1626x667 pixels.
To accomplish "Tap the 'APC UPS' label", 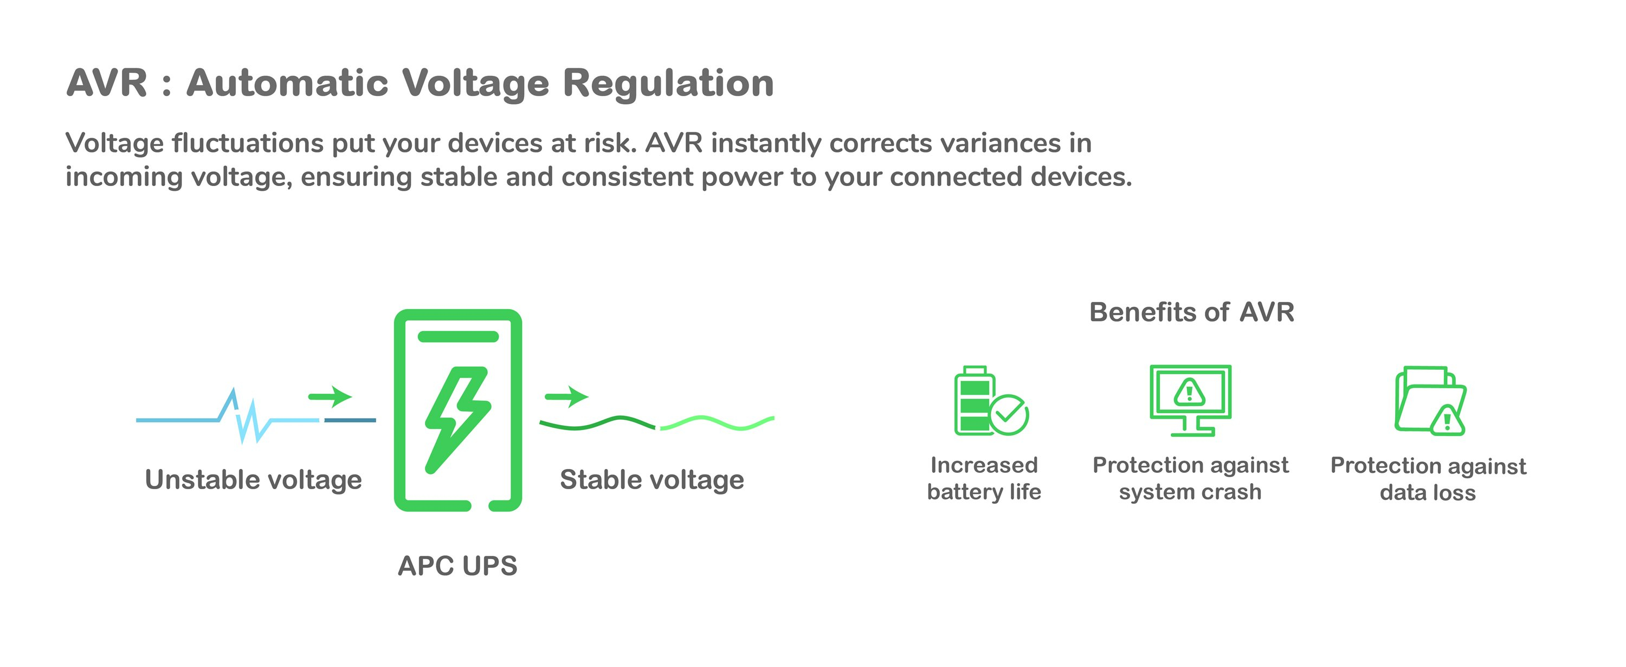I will [x=457, y=566].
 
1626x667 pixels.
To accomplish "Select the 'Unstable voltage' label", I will [x=253, y=480].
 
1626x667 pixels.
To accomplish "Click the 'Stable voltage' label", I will [x=651, y=480].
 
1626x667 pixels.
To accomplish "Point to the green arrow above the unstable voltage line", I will [x=330, y=396].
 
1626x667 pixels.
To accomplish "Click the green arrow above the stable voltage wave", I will [x=566, y=396].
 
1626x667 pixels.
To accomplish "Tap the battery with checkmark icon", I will [x=990, y=401].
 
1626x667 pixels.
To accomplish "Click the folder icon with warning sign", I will [x=1430, y=401].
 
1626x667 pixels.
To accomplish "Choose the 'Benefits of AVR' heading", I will [x=1192, y=312].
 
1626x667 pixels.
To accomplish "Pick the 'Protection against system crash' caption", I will [x=1190, y=478].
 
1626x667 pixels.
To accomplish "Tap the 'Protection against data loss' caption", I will [x=1428, y=479].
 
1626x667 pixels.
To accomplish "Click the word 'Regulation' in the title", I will [x=668, y=84].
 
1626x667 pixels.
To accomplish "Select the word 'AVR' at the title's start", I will [x=107, y=83].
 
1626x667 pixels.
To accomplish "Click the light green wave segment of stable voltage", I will [x=717, y=423].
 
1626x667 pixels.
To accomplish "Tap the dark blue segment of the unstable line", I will [x=350, y=420].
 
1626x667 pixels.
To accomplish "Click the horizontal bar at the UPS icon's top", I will [x=457, y=337].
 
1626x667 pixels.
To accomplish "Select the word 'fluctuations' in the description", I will [x=248, y=143].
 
